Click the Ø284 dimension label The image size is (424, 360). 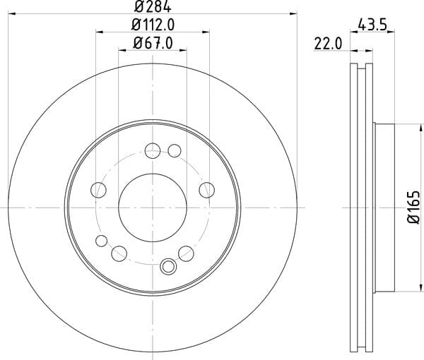(x=153, y=6)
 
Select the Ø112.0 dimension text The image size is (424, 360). (x=153, y=25)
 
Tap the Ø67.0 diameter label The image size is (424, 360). (x=153, y=43)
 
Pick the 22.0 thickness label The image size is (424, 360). (x=329, y=44)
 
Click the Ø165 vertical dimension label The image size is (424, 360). (x=413, y=207)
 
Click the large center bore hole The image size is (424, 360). (x=153, y=208)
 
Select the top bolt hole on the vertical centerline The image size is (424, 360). (x=153, y=150)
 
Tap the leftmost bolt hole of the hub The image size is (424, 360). (x=98, y=190)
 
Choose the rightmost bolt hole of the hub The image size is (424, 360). (x=207, y=190)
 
